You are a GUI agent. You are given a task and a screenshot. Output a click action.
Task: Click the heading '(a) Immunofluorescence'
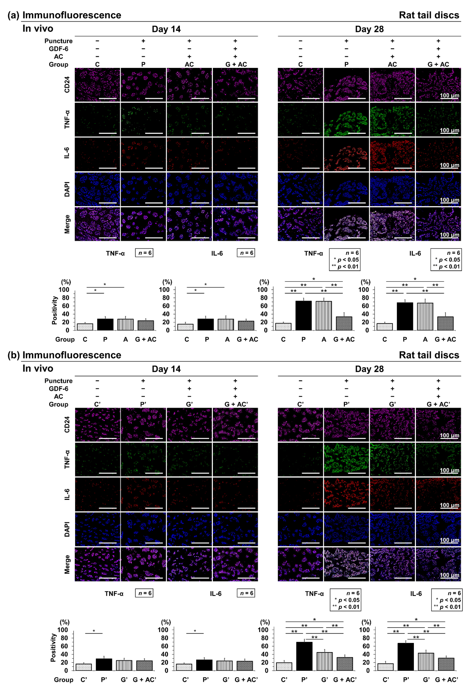[64, 15]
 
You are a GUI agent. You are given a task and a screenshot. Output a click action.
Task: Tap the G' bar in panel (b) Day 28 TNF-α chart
[324, 661]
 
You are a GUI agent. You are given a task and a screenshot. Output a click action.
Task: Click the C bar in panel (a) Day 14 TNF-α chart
[85, 327]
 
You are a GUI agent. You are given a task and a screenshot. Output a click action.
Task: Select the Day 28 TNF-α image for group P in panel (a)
[346, 120]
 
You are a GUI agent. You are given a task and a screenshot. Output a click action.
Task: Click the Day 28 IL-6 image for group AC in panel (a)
[392, 154]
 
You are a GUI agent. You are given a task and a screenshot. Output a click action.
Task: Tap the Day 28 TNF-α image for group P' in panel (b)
[346, 460]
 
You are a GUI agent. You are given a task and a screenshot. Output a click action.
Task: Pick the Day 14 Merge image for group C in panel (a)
[97, 224]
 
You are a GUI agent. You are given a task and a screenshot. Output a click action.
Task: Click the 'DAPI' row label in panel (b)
[67, 529]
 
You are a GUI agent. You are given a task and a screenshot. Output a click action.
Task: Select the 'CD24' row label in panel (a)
[67, 85]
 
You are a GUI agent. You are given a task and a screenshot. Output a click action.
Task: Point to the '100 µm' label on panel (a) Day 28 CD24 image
[449, 95]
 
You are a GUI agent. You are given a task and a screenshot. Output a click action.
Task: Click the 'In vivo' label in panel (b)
[38, 369]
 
